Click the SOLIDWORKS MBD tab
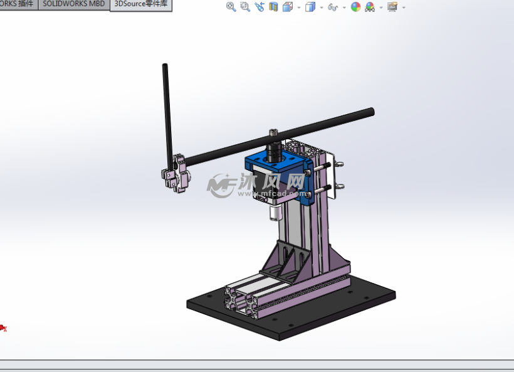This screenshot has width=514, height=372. tap(73, 4)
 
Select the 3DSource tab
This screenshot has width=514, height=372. tap(140, 4)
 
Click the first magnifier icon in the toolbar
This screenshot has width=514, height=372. tap(231, 7)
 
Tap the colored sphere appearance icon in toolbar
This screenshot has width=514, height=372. tap(355, 7)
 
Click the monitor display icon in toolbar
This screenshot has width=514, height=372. tap(392, 7)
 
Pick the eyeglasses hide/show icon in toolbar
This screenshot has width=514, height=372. tap(333, 8)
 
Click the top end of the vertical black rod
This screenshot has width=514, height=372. tap(165, 66)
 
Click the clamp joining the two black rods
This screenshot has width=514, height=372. tap(176, 173)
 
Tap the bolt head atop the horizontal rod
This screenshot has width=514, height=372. tap(273, 132)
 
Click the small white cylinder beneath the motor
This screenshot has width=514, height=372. tap(273, 214)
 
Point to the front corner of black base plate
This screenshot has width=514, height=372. tap(279, 337)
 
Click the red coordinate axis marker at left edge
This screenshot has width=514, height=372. tap(3, 327)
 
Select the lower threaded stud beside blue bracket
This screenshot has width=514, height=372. tap(325, 188)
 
